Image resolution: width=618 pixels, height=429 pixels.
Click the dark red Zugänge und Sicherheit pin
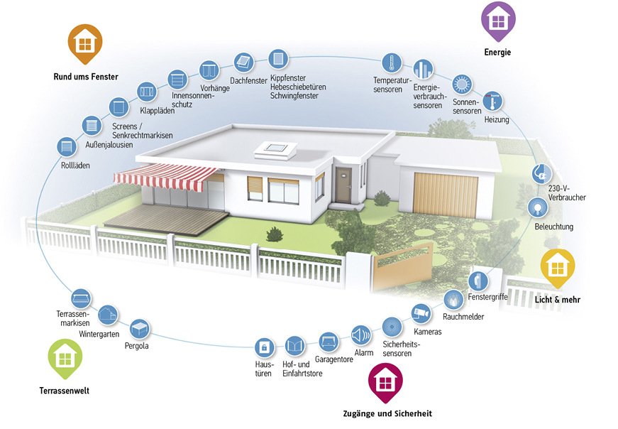[x=385, y=382]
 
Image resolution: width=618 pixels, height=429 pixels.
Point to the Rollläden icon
[x=67, y=147]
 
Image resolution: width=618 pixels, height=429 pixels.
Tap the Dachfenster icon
[x=243, y=61]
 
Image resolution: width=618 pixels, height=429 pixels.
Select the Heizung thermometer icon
[x=492, y=100]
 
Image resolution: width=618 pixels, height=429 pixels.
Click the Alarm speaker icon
[x=361, y=334]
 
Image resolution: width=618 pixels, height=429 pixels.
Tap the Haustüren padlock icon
[x=264, y=347]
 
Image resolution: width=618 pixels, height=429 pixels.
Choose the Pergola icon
[x=140, y=328]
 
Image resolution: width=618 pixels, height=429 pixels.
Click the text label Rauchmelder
[x=463, y=316]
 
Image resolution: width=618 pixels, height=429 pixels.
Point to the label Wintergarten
[x=98, y=333]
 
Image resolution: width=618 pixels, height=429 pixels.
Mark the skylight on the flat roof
[x=275, y=149]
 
